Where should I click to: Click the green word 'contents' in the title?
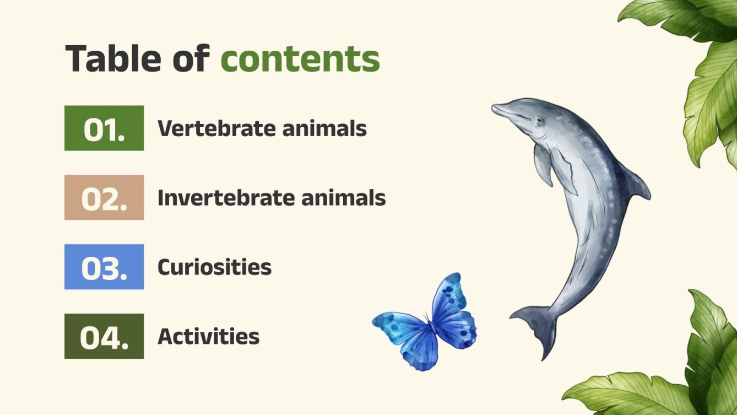pos(300,59)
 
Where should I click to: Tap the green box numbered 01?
pos(104,128)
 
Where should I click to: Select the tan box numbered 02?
pos(104,198)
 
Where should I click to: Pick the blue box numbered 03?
pos(104,267)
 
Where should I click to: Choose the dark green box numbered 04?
pos(104,337)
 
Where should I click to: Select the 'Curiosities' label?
pos(214,267)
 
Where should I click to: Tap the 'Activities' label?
pos(208,337)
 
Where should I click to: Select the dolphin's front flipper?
pos(543,165)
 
